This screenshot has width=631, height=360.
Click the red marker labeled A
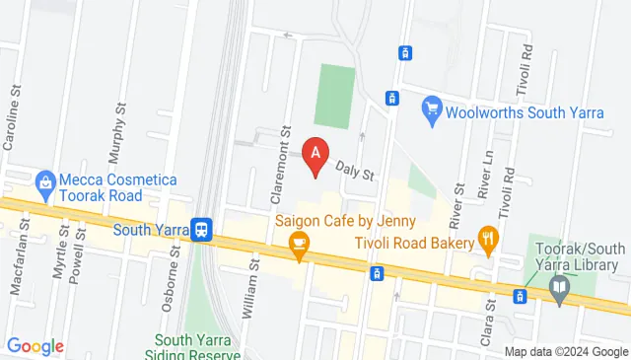click(x=315, y=155)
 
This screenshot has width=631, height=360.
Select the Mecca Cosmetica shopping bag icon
click(x=44, y=182)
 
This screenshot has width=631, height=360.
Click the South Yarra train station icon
click(x=201, y=230)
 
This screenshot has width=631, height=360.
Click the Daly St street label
click(x=356, y=172)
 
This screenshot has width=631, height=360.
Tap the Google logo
click(x=35, y=346)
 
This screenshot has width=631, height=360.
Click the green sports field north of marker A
click(x=335, y=97)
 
